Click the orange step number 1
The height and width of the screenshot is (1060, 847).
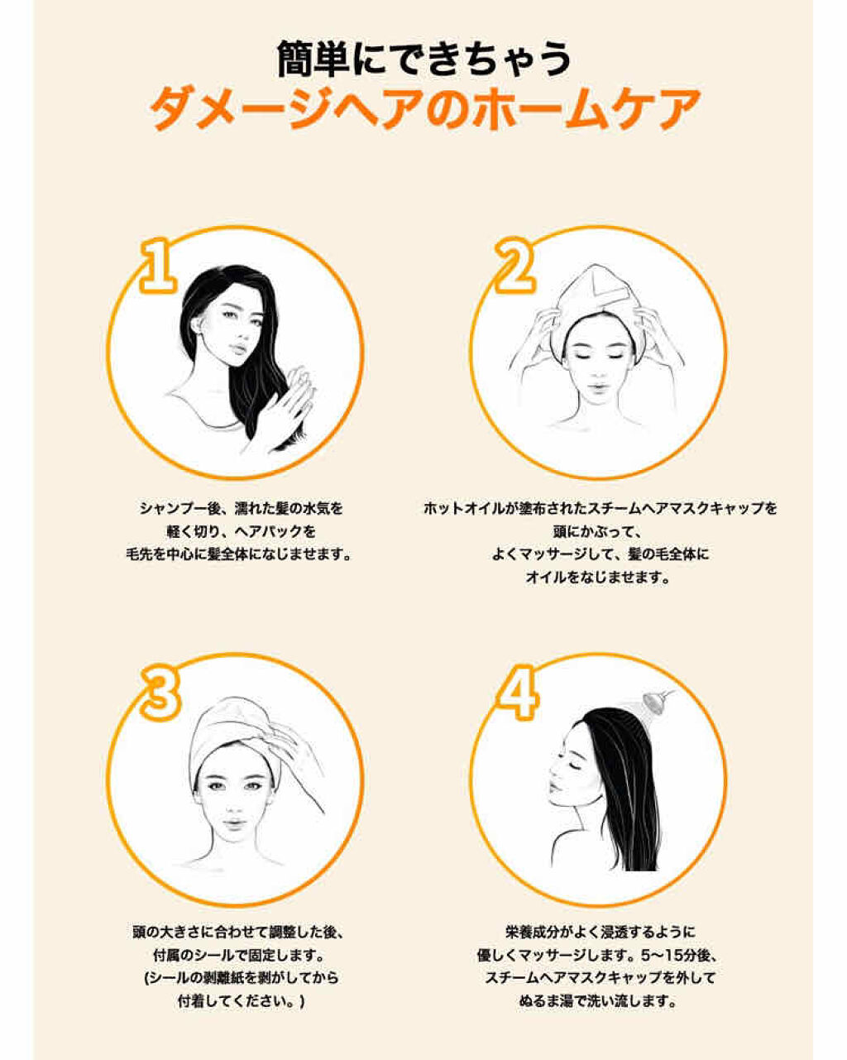coord(158,266)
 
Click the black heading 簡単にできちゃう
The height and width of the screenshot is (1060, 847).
coord(423,59)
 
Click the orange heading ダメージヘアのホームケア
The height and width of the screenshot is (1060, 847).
coord(423,108)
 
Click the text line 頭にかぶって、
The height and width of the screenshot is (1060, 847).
coord(600,531)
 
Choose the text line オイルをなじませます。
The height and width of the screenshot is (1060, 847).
coord(600,578)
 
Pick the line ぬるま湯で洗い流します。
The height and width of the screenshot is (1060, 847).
coord(600,1001)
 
